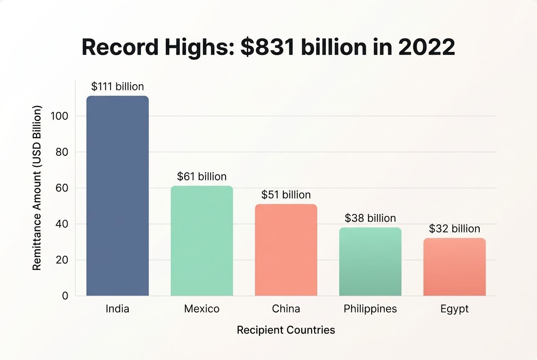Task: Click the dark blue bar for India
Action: [x=118, y=196]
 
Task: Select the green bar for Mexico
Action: [x=202, y=241]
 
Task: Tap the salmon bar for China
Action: [x=286, y=250]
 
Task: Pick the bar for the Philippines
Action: [x=370, y=262]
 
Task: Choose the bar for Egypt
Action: [x=454, y=267]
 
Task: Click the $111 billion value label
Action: [x=118, y=87]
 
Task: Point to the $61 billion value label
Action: [x=202, y=176]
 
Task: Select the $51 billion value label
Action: [x=286, y=195]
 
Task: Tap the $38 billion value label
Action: [x=370, y=218]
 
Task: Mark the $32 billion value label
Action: [x=454, y=229]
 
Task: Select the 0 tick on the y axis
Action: [x=65, y=296]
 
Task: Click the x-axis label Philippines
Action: [x=370, y=309]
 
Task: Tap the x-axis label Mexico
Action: [x=202, y=309]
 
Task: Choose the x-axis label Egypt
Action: [x=454, y=309]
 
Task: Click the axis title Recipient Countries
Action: [x=286, y=330]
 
